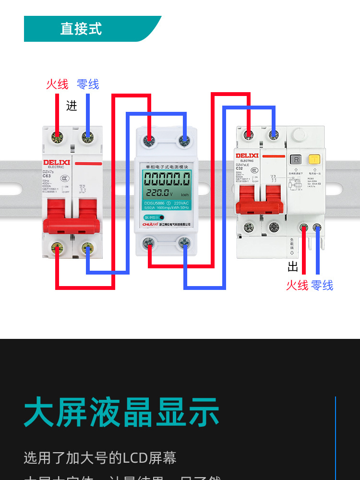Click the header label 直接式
pos(81,29)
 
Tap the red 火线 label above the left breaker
pos(57,84)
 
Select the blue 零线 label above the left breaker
pos(88,84)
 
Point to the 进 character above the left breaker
pos(72,106)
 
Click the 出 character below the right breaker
pos(293,267)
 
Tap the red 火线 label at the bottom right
pos(297,286)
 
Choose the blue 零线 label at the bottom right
pos(322,286)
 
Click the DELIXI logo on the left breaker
pos(57,163)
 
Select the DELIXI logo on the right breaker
pos(247,156)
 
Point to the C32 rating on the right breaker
pos(240,168)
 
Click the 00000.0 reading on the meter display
pos(167,180)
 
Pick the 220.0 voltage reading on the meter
pos(157,193)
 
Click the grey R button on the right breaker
pos(297,159)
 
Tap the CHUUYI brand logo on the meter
pos(150,224)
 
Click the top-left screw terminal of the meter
pos(149,141)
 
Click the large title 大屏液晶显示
pos(121,412)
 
